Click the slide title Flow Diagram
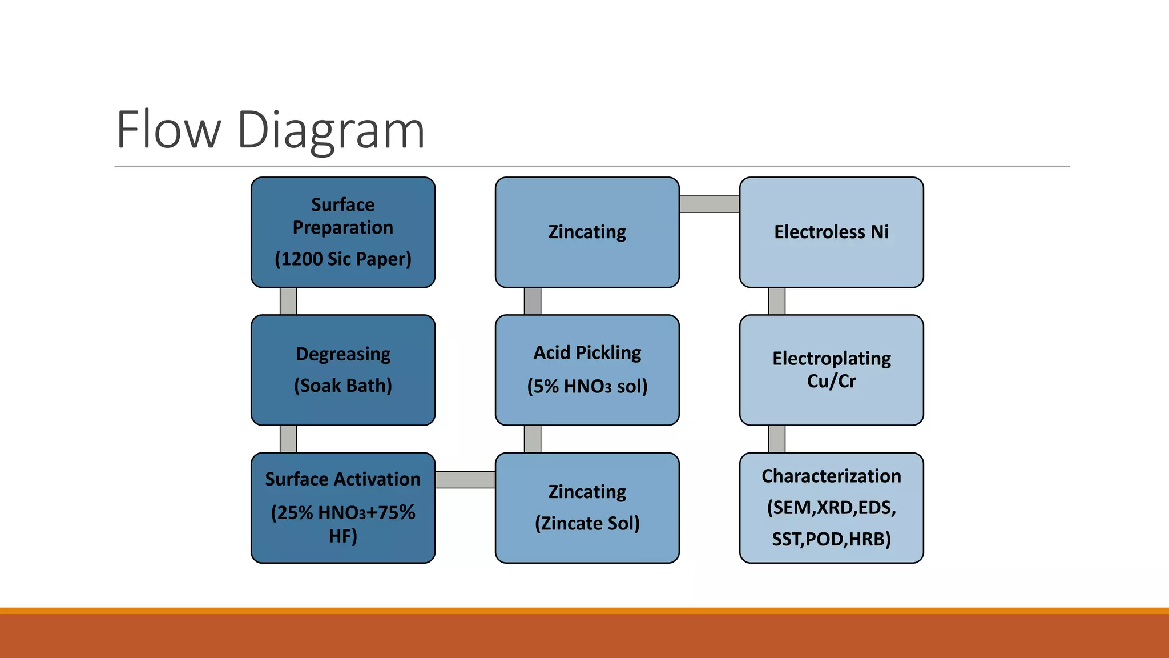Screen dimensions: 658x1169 coord(271,130)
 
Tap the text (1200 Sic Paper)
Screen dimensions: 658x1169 coord(342,259)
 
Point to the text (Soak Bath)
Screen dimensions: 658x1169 coord(342,386)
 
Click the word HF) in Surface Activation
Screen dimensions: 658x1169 coord(342,536)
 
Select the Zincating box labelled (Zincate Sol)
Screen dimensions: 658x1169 coord(587,508)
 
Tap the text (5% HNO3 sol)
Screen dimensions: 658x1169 coord(587,387)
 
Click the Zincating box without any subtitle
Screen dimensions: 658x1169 coord(587,232)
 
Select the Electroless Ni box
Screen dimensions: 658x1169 coord(831,232)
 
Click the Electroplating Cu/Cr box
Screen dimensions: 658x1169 coord(831,370)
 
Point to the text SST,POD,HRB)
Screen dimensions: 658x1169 coord(831,539)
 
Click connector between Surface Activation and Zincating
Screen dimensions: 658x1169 coord(465,480)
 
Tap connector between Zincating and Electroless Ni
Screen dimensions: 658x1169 coord(710,204)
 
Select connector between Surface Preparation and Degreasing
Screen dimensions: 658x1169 coord(288,301)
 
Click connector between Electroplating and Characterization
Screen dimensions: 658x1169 coord(777,439)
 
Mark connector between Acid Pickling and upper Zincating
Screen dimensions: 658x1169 coord(533,301)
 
